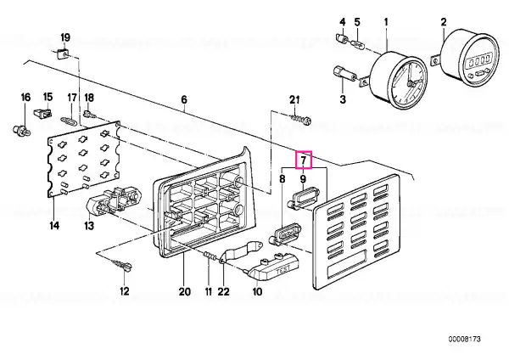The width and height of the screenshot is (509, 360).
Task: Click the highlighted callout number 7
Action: (303, 160)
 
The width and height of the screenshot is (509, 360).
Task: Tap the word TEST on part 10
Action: (282, 270)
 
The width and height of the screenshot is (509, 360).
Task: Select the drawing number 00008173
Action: (465, 340)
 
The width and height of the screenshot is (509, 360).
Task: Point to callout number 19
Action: (65, 37)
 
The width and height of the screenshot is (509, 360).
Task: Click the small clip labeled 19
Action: (63, 53)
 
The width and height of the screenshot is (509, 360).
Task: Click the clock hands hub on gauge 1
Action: (411, 83)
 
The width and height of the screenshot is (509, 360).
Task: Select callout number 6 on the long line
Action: (184, 99)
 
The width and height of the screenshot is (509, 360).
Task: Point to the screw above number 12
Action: (122, 265)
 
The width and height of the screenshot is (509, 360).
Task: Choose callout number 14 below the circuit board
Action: (54, 225)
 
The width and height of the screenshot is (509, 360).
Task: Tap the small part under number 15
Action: (42, 114)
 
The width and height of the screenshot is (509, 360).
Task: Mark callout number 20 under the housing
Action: (184, 292)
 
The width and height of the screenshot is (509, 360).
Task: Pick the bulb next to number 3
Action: (346, 73)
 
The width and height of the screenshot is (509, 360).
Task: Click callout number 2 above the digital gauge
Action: (444, 22)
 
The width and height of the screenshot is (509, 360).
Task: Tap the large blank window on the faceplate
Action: (347, 264)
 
